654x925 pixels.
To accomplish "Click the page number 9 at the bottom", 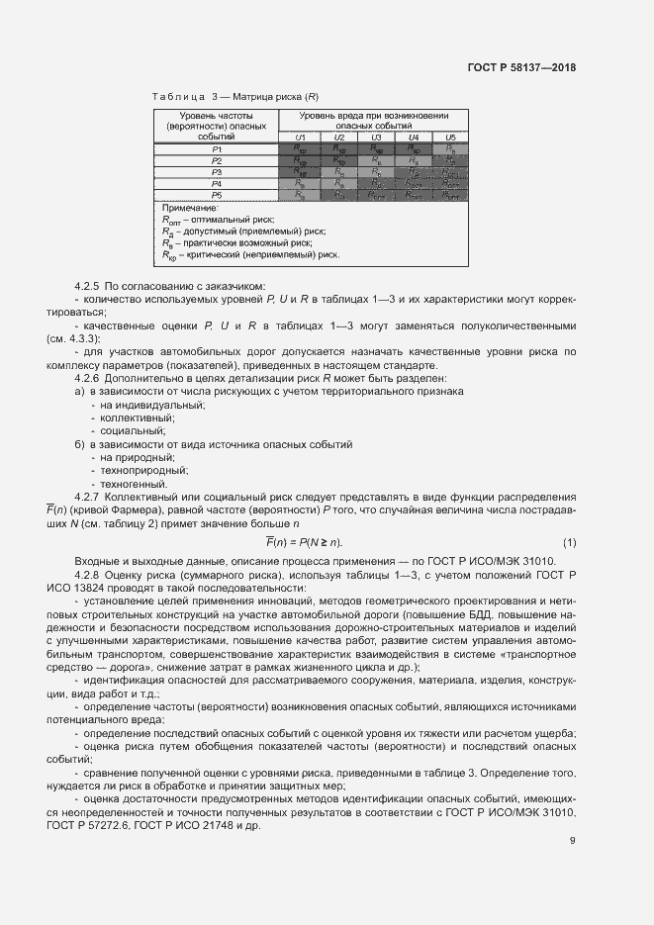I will point(572,841).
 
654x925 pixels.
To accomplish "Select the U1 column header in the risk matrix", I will point(300,137).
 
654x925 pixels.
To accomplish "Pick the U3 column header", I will point(375,137).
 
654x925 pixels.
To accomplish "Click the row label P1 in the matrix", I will point(217,148).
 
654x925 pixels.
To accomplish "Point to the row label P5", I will point(217,195).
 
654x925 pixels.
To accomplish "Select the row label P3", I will point(217,172).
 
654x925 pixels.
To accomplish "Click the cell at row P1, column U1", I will point(300,148).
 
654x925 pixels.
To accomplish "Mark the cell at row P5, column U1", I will point(300,195).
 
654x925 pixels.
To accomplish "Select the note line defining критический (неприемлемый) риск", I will point(251,254).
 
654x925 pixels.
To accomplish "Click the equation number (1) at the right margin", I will point(569,541).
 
